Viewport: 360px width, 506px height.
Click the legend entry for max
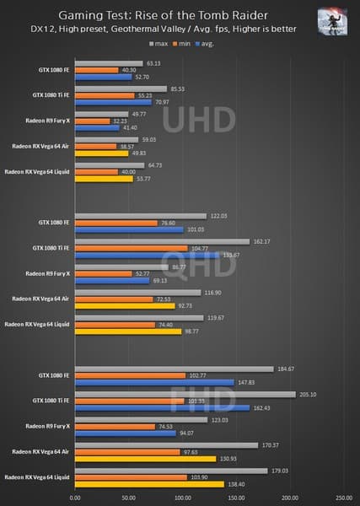pos(158,42)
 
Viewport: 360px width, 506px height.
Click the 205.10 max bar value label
pos(307,394)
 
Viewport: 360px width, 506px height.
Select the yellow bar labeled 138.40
pos(149,484)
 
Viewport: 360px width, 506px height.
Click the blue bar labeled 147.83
pos(154,382)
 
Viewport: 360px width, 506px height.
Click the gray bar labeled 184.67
pos(175,368)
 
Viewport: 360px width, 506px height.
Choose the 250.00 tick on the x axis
pos(344,498)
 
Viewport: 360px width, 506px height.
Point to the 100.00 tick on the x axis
pos(182,498)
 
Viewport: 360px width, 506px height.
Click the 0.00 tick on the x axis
pos(76,498)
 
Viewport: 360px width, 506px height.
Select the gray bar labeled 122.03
pos(141,216)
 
